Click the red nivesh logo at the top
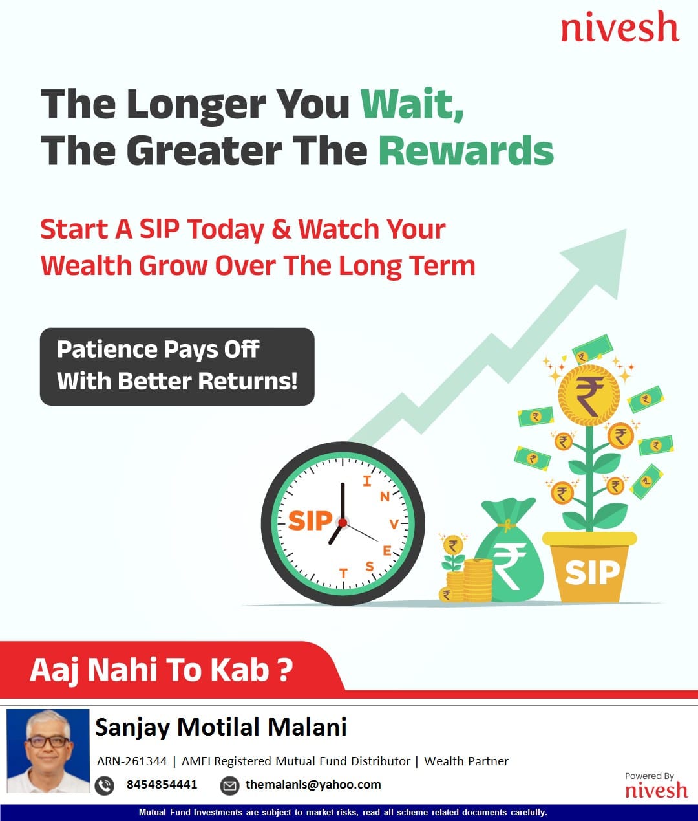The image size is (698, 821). pyautogui.click(x=620, y=27)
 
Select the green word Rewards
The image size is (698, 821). pyautogui.click(x=466, y=151)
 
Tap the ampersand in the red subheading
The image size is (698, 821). pyautogui.click(x=281, y=229)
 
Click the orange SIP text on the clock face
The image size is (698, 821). pyautogui.click(x=310, y=521)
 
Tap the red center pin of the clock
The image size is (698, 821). pyautogui.click(x=343, y=523)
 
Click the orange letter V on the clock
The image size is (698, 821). pyautogui.click(x=394, y=524)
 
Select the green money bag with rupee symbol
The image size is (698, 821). pyautogui.click(x=509, y=551)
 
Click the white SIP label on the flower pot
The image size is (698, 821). pyautogui.click(x=592, y=573)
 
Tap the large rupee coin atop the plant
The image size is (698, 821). pyautogui.click(x=589, y=395)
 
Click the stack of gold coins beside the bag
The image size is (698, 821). pyautogui.click(x=478, y=580)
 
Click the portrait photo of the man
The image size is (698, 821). pyautogui.click(x=48, y=751)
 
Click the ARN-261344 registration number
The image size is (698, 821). pyautogui.click(x=132, y=761)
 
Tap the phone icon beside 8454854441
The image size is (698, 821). pyautogui.click(x=105, y=786)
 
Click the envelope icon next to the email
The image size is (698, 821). pyautogui.click(x=229, y=786)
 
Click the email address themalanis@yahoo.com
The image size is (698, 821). pyautogui.click(x=313, y=785)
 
